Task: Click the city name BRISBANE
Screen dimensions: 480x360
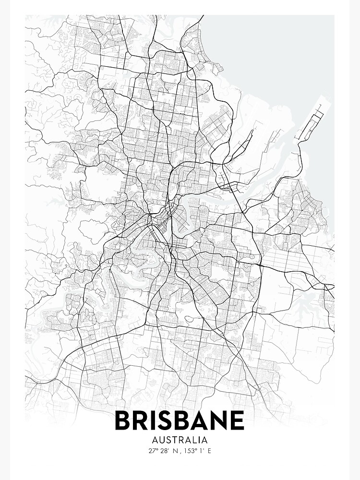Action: [180, 420]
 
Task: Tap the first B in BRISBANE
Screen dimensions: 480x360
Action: [123, 420]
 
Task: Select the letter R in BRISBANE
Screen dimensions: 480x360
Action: [143, 420]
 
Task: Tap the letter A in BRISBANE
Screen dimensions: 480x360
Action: [204, 420]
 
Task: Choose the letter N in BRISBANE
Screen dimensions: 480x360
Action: [222, 420]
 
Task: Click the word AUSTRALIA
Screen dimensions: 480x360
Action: [180, 440]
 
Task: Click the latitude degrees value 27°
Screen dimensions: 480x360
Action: [153, 451]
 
